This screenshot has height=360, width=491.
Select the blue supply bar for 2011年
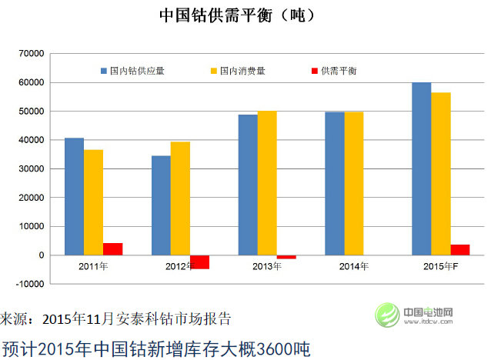coord(74,196)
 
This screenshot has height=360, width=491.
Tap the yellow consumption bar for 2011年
coord(93,202)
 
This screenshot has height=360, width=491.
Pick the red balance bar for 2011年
coord(112,249)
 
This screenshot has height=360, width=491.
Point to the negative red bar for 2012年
coord(199,262)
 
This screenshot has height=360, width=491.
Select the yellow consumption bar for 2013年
coord(267,183)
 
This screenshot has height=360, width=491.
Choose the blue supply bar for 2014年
coord(335,184)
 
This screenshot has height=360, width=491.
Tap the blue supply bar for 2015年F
coord(421,168)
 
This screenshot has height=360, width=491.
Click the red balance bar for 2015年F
coord(459,250)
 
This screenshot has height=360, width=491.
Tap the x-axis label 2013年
coord(267,266)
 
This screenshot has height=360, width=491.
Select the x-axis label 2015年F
coord(441,266)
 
